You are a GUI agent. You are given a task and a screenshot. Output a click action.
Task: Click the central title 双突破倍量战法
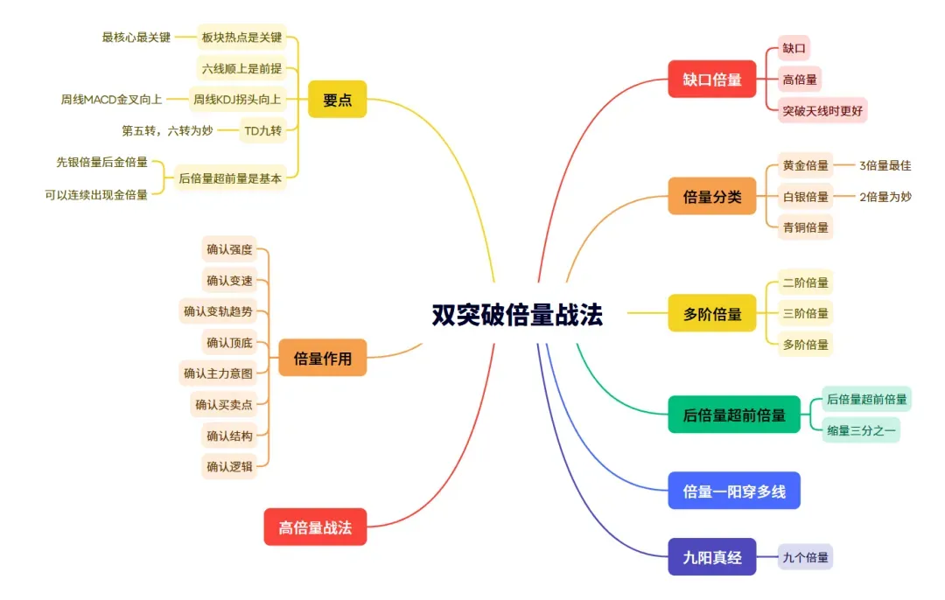pos(517,315)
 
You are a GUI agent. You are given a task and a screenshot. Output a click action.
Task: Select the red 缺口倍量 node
pos(712,80)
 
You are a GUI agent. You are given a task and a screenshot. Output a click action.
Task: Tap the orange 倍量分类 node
pos(712,197)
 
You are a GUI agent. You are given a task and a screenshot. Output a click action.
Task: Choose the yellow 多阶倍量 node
pos(712,313)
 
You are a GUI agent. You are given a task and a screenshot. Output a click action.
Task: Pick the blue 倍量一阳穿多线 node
pos(734,491)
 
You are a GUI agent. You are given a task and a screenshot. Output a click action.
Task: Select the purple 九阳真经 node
pos(712,556)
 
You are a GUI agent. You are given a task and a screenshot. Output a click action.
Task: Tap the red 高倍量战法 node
pos(315,527)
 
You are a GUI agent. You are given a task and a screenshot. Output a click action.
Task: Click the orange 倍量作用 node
pos(322,358)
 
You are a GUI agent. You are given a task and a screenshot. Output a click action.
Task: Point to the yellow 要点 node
pos(337,100)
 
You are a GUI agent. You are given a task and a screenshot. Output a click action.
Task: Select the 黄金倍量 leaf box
pos(806,165)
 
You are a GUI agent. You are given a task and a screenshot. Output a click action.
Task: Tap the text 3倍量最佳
pos(885,165)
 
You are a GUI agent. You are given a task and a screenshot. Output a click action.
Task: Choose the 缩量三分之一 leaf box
pos(862,429)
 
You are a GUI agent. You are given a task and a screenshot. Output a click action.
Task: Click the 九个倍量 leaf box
pos(806,556)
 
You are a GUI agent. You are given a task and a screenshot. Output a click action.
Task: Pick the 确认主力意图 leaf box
pos(218,373)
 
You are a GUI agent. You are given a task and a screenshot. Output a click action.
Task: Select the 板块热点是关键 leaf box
pos(241,38)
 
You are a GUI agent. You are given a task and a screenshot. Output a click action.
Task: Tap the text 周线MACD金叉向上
pos(111,99)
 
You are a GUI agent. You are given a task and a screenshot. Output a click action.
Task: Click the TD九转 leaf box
pos(263,130)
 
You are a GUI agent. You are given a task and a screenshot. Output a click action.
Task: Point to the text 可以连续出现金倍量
pos(96,194)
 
